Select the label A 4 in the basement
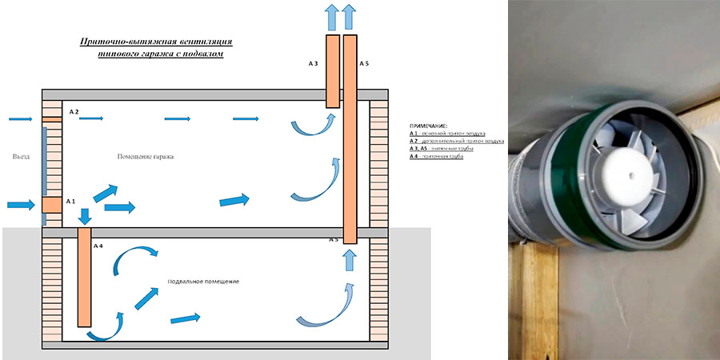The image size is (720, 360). click(98, 246)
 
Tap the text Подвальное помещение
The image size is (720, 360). click(204, 282)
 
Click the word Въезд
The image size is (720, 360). click(22, 157)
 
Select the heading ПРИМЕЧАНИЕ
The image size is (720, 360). click(428, 126)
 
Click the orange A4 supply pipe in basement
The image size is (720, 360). click(84, 277)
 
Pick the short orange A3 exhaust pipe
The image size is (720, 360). click(334, 70)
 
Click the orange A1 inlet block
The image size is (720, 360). click(52, 205)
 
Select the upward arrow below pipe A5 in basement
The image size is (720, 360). click(349, 261)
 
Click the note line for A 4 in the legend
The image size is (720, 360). click(436, 156)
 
